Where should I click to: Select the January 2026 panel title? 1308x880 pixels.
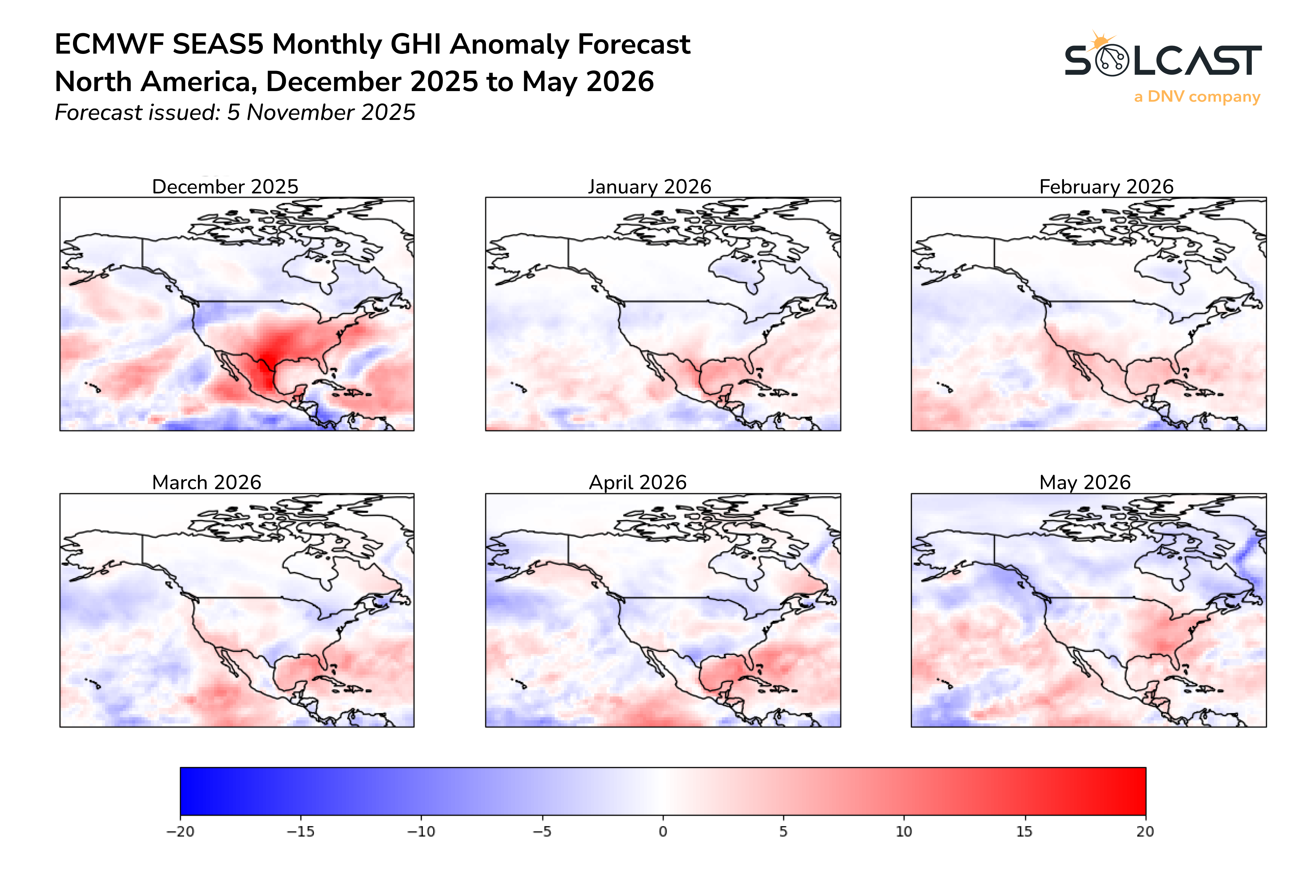[x=649, y=186]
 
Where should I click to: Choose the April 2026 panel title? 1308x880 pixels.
[x=638, y=482]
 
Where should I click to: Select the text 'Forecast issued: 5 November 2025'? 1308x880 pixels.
[x=235, y=112]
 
